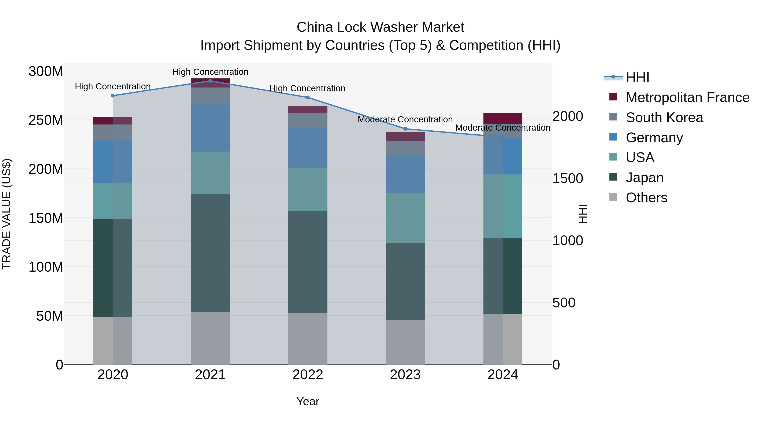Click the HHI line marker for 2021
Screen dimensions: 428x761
(210, 81)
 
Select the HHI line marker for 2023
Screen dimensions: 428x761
(405, 129)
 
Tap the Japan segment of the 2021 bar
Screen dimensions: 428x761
(210, 253)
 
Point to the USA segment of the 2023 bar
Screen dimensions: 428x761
(405, 218)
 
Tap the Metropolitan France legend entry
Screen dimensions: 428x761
(687, 97)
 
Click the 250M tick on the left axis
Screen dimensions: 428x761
(46, 120)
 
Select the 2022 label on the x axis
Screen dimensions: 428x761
(308, 375)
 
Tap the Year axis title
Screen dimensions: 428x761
(308, 401)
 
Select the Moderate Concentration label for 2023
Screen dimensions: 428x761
(405, 119)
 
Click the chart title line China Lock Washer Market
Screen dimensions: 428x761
(380, 27)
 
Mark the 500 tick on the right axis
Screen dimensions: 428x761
(564, 302)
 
